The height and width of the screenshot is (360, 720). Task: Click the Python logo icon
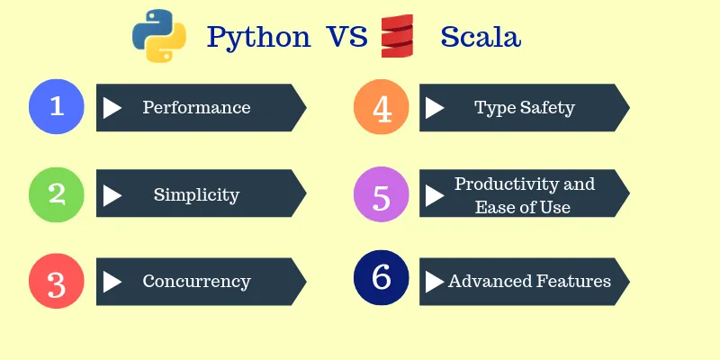click(x=159, y=35)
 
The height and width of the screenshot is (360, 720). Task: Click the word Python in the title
click(x=259, y=38)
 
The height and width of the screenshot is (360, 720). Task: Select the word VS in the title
click(x=346, y=38)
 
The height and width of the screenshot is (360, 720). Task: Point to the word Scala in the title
click(x=481, y=38)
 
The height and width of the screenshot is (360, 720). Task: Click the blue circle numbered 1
click(x=57, y=107)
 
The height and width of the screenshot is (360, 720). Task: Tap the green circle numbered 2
click(x=57, y=193)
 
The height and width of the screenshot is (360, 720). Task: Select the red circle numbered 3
click(x=57, y=282)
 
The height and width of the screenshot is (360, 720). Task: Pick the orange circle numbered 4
click(x=382, y=107)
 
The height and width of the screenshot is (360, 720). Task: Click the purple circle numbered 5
click(x=382, y=194)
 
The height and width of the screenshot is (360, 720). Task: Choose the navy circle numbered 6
click(x=382, y=279)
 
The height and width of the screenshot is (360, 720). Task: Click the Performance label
click(x=196, y=108)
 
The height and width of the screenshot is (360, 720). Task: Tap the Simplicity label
click(x=196, y=194)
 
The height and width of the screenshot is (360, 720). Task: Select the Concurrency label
click(x=196, y=282)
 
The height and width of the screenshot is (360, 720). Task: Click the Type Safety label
click(x=524, y=108)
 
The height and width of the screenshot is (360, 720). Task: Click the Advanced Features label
click(x=529, y=282)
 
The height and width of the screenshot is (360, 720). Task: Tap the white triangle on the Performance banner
click(x=112, y=108)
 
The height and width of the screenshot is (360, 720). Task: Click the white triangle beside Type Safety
click(x=435, y=108)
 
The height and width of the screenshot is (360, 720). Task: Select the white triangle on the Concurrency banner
click(x=112, y=282)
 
